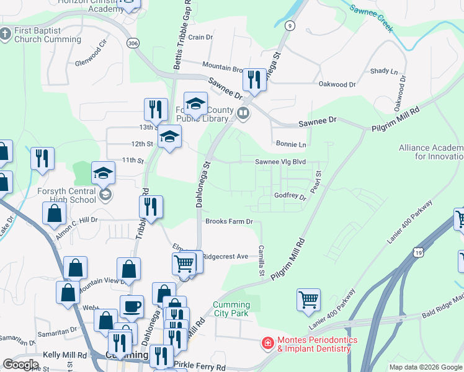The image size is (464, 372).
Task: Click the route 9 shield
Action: [290, 25]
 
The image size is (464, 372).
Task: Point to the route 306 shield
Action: [132, 43]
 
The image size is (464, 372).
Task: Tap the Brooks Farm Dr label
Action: [230, 221]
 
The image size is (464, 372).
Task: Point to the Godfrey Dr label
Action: [290, 197]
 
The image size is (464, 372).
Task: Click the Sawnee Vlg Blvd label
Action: [280, 162]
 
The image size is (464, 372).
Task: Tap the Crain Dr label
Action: [200, 37]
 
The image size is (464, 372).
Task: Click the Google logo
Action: [21, 364]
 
